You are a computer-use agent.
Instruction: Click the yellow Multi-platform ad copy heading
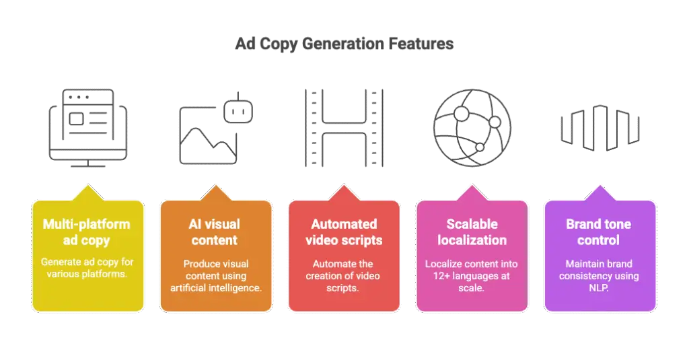click(87, 231)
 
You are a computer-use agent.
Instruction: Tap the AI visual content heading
click(215, 231)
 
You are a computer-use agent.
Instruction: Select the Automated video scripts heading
click(344, 231)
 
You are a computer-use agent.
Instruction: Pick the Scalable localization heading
click(472, 231)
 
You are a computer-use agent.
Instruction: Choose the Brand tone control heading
click(599, 231)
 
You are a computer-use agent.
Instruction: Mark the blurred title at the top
click(344, 45)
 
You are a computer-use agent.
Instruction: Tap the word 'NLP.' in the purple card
click(599, 289)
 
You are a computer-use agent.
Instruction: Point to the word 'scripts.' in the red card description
click(344, 289)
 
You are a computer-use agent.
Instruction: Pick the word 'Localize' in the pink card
click(443, 263)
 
